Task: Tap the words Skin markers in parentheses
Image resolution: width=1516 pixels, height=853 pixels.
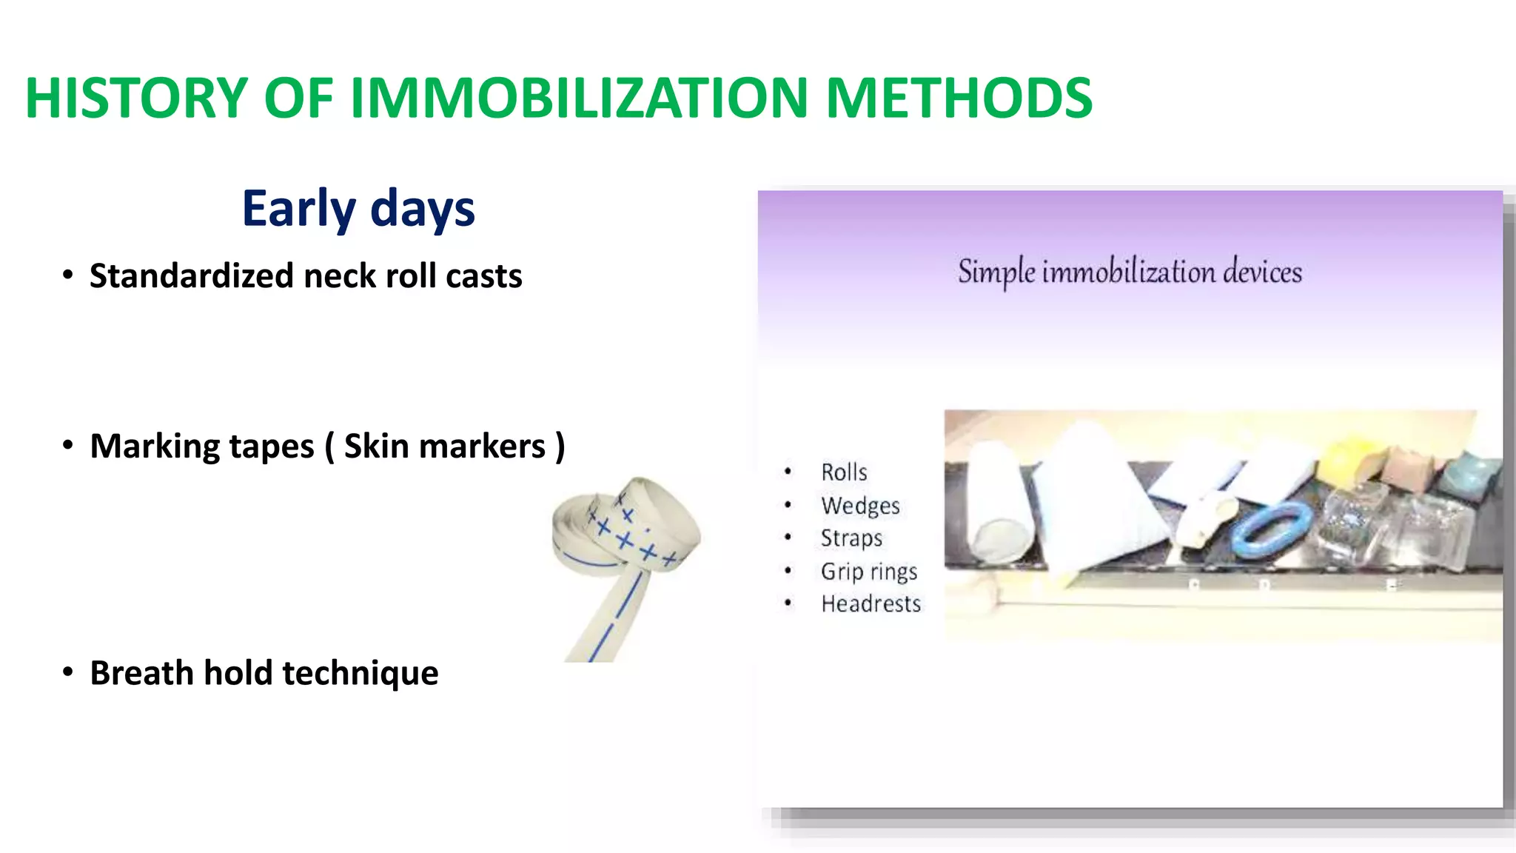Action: [444, 446]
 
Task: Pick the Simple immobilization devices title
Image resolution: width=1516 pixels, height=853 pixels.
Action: [1130, 272]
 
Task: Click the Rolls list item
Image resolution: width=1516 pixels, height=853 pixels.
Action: [844, 472]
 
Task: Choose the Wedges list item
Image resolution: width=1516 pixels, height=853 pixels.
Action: [860, 505]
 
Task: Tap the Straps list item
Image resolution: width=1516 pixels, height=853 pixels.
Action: [851, 538]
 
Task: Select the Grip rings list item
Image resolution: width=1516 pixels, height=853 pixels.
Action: [869, 571]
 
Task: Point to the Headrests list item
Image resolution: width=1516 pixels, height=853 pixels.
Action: [871, 603]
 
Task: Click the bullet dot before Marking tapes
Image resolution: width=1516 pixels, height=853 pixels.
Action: [68, 446]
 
